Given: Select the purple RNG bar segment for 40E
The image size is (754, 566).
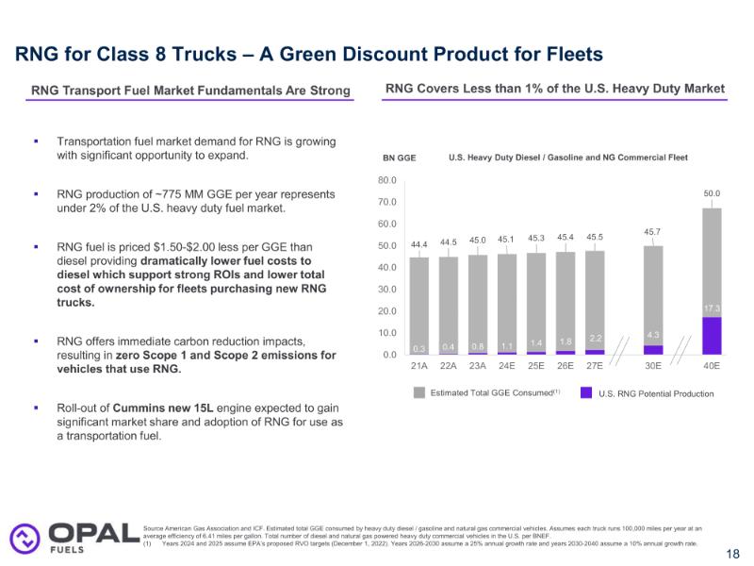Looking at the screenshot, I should coord(713,336).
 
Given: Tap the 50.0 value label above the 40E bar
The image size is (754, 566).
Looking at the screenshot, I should coord(713,193).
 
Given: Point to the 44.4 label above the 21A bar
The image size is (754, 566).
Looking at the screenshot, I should coord(418,243).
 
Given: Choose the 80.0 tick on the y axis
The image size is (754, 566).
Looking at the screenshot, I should coord(387,179).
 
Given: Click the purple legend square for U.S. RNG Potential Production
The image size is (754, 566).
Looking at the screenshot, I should coord(585,392).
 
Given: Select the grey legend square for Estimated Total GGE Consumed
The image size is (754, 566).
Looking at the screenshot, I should coord(419,392).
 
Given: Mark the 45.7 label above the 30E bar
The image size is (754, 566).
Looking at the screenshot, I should coord(653,231).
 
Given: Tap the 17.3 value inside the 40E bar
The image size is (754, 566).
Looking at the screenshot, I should coord(713,308).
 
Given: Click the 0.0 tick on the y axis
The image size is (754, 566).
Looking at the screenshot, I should coord(390,355).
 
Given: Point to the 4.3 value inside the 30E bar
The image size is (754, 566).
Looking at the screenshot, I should coord(653,335).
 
